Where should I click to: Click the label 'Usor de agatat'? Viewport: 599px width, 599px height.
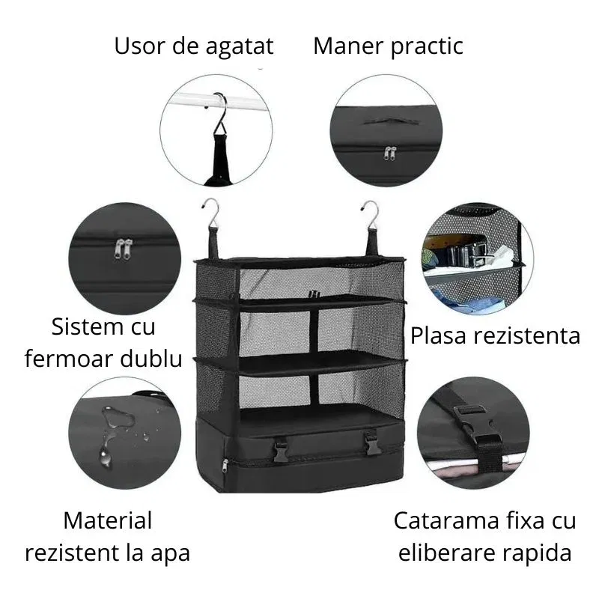[194, 46]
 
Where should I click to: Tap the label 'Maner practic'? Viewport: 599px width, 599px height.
[388, 46]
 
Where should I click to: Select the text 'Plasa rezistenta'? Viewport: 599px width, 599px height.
[495, 335]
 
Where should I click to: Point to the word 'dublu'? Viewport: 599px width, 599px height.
[153, 359]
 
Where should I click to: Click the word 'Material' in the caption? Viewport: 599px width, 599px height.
[108, 520]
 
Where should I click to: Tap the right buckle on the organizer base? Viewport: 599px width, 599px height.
[372, 447]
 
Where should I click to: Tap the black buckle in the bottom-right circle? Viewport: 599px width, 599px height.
[473, 425]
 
